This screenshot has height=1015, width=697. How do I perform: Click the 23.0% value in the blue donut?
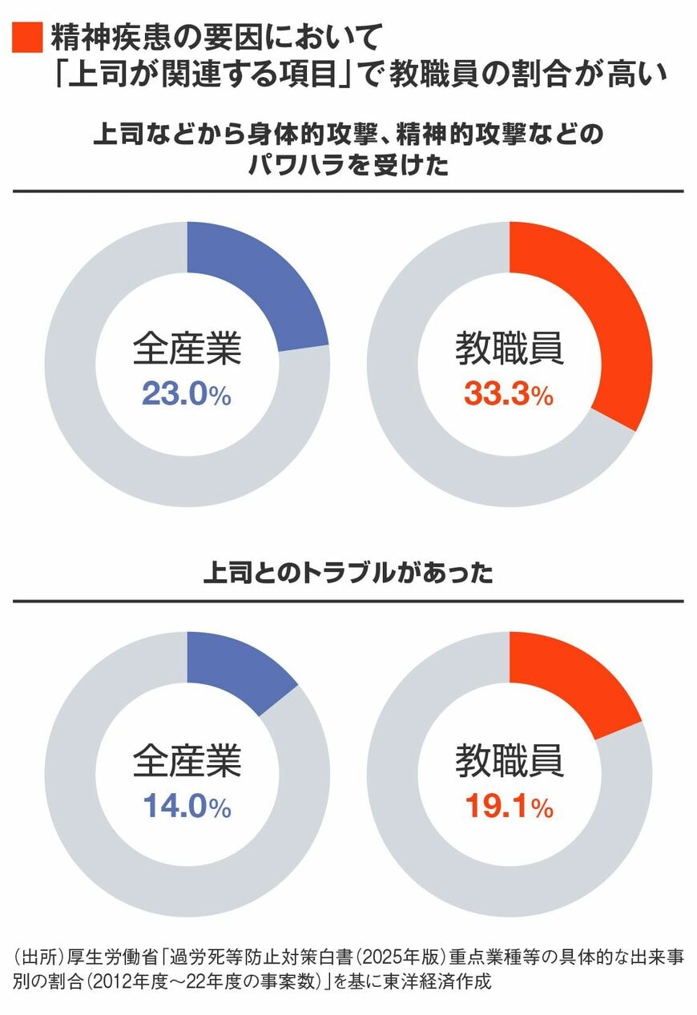point(187,394)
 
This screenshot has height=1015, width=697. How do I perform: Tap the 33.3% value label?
point(509,394)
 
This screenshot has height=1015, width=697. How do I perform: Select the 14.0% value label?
point(187,807)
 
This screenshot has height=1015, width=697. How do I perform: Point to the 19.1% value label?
point(509,807)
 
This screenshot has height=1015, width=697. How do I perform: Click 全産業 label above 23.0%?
point(187,350)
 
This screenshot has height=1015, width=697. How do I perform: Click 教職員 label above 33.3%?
point(510,350)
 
